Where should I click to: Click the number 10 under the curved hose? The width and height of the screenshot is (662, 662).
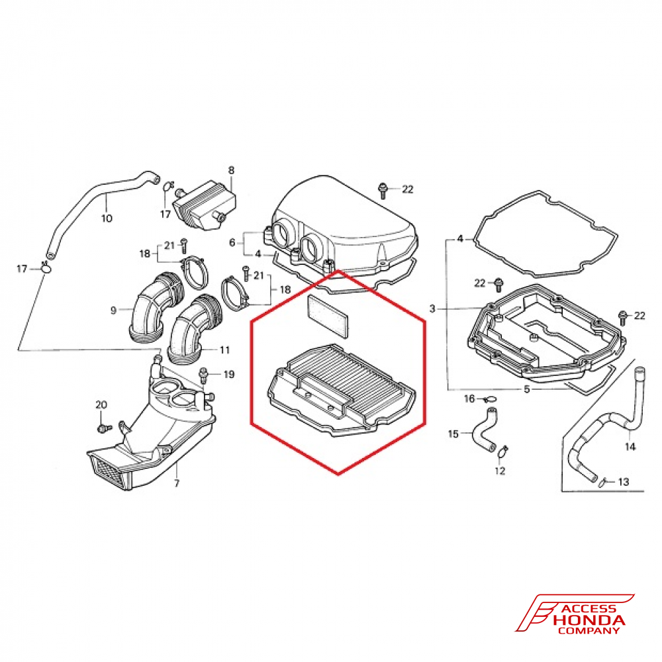point(107,218)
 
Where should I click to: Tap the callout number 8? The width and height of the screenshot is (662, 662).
point(231,170)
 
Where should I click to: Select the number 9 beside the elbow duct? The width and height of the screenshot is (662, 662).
point(114,310)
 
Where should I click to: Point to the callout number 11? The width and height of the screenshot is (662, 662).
point(224,349)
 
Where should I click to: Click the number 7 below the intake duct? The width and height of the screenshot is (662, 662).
point(177,483)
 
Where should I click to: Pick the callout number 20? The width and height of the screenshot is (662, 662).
point(101,404)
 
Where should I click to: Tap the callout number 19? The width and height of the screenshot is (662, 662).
point(228,375)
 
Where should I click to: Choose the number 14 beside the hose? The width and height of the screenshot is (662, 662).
point(630,447)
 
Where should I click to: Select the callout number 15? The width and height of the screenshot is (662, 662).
point(453,434)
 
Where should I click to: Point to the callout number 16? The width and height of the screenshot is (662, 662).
point(469,399)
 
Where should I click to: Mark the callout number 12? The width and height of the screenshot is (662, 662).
point(500,471)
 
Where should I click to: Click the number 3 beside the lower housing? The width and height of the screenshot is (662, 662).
point(432,309)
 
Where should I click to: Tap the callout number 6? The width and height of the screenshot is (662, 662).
point(232,243)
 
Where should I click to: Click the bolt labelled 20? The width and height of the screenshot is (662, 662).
point(102,428)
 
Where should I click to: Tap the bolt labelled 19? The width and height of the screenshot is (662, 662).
point(205,376)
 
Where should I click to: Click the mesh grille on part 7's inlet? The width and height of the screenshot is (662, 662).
point(106,469)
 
